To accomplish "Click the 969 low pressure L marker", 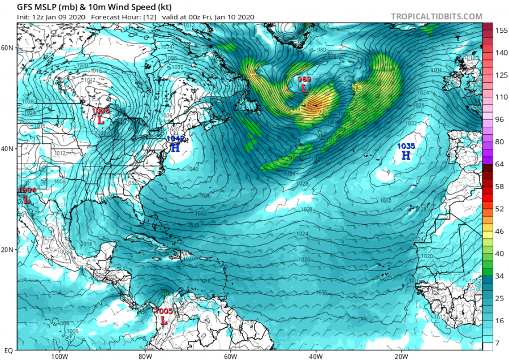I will click(304, 89).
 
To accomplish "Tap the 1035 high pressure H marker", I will click(406, 155).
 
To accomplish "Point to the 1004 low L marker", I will click(27, 199).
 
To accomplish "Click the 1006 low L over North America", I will click(101, 120).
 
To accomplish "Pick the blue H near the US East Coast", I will click(175, 148).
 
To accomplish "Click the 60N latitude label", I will click(8, 48).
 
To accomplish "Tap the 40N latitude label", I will click(8, 148).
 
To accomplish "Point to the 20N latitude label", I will click(8, 250).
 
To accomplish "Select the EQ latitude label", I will click(8, 350).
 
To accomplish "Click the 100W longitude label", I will click(59, 357).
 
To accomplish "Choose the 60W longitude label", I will click(230, 357).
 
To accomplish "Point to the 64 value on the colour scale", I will click(498, 164).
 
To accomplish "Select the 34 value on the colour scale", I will click(498, 276).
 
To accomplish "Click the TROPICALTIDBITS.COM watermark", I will click(436, 17).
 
